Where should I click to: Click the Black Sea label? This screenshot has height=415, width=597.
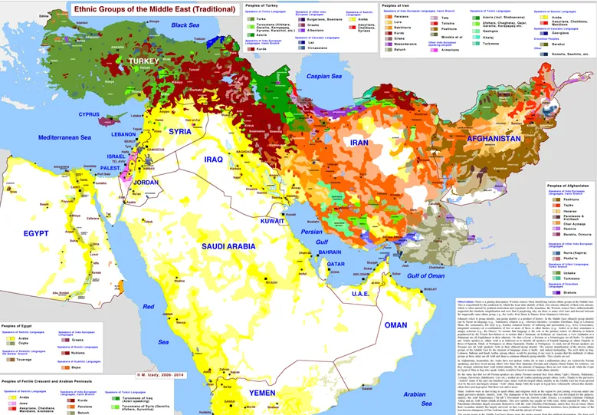coord(185,25)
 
